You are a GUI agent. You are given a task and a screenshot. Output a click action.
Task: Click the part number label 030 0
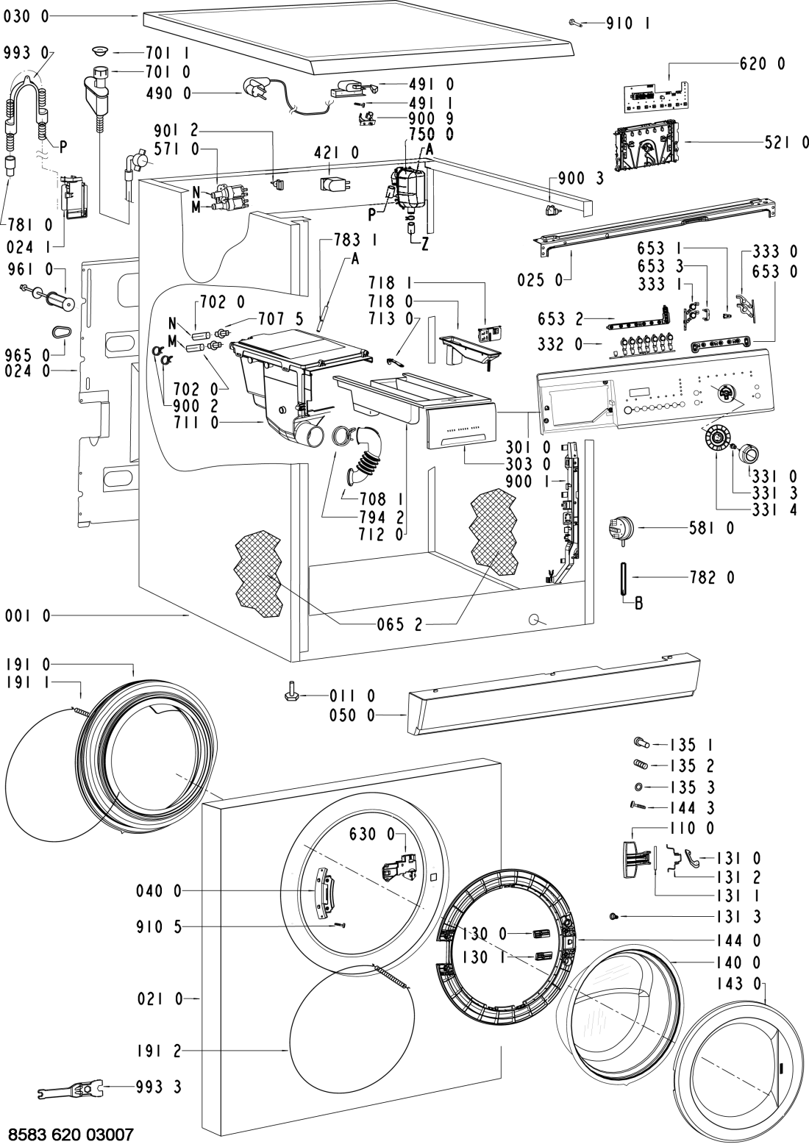point(26,15)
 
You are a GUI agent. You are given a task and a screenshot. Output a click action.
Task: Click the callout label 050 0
point(377,713)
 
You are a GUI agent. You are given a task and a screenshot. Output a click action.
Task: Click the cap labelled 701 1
point(101,52)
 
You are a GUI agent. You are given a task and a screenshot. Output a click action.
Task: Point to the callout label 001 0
point(26,617)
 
